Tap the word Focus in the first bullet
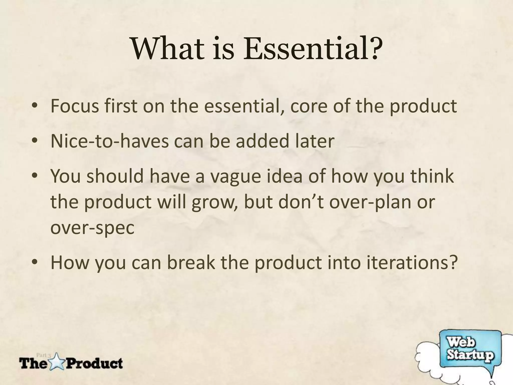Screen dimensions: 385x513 (75, 106)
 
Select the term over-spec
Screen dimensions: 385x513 (92, 228)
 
